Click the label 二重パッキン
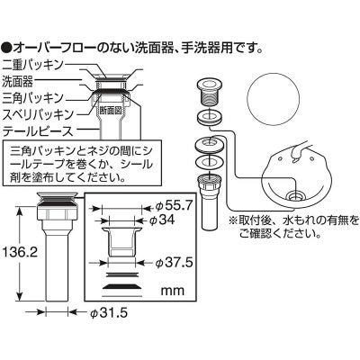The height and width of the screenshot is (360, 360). tap(33, 65)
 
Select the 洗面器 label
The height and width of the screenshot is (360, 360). tap(17, 81)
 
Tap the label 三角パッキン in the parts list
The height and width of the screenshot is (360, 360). tap(33, 98)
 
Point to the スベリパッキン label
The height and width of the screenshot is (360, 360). tap(38, 114)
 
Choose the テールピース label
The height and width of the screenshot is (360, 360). tap(38, 131)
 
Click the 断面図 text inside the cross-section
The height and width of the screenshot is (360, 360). tap(110, 111)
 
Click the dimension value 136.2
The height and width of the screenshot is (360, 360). tap(20, 252)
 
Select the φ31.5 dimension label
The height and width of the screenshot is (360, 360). tap(109, 313)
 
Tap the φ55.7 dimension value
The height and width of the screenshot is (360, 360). tap(172, 206)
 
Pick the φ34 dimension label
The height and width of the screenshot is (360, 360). tap(162, 220)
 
